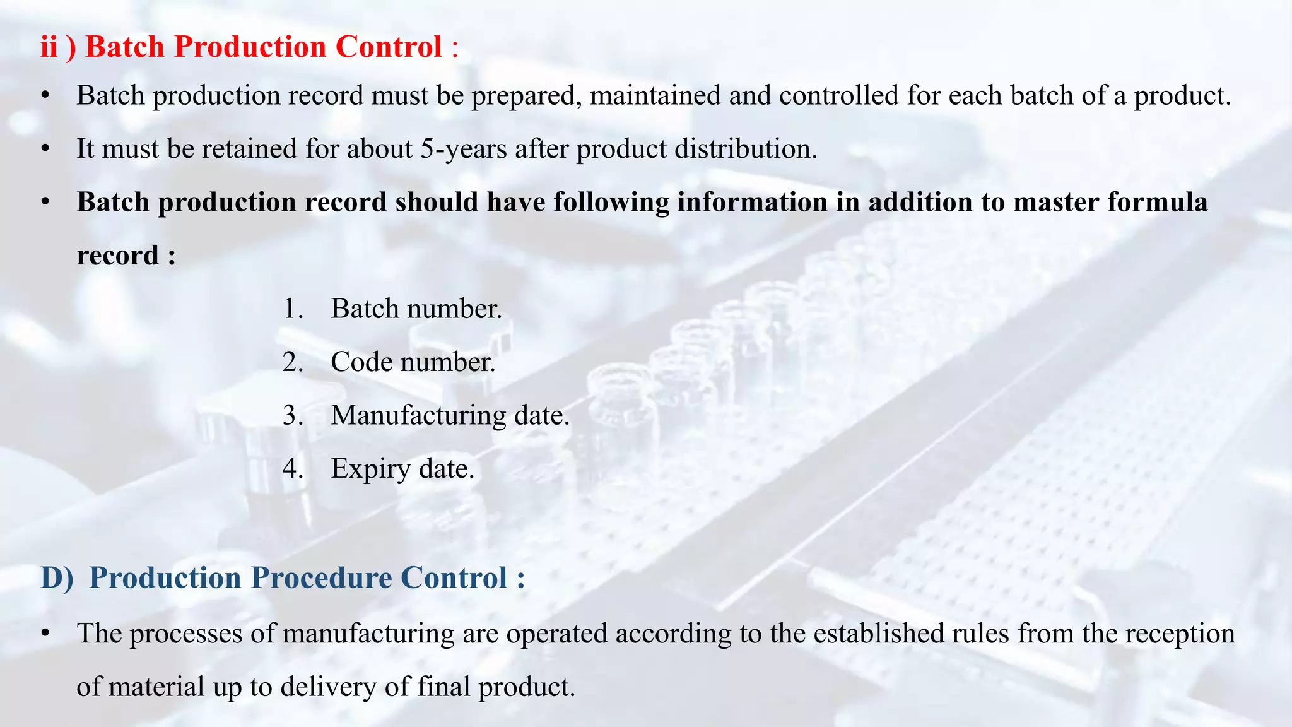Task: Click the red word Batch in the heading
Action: pyautogui.click(x=125, y=47)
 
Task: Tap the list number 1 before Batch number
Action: pyautogui.click(x=291, y=309)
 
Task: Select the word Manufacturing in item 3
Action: pyautogui.click(x=418, y=415)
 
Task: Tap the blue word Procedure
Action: pyautogui.click(x=321, y=577)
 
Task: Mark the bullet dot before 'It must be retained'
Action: pyautogui.click(x=45, y=150)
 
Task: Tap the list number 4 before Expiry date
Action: pyautogui.click(x=292, y=469)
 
